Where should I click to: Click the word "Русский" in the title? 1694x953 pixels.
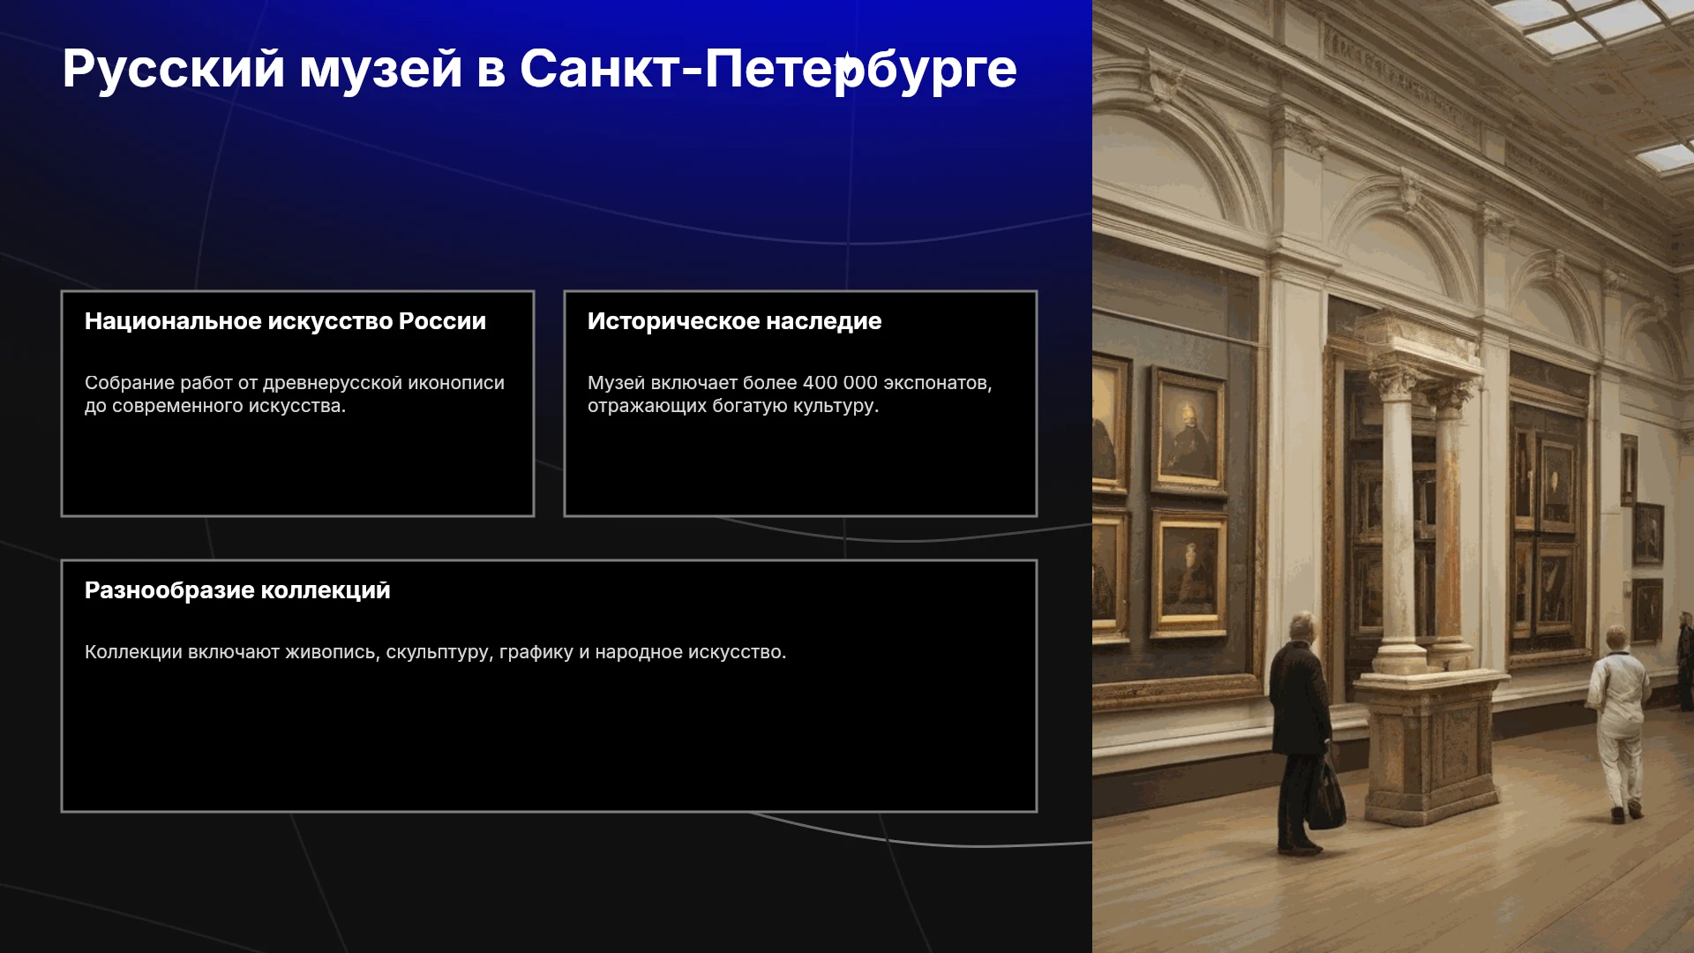click(x=174, y=69)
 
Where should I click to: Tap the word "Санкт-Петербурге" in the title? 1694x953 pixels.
click(x=768, y=69)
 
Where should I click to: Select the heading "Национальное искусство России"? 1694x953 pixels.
click(x=285, y=321)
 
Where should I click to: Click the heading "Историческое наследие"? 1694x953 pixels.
click(x=734, y=321)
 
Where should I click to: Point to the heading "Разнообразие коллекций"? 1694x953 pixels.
click(x=237, y=590)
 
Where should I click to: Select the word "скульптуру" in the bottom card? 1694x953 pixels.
click(x=439, y=653)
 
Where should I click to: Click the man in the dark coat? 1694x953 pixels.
click(x=1299, y=732)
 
